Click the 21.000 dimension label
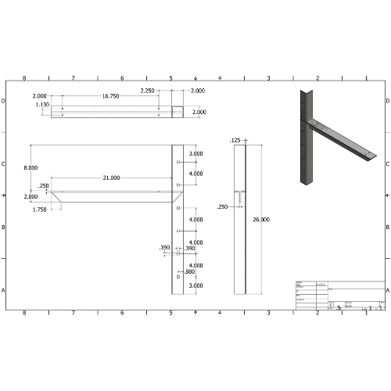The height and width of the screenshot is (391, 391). [111, 178]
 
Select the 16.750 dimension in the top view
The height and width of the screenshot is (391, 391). [110, 95]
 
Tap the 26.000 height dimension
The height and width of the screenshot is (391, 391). [260, 220]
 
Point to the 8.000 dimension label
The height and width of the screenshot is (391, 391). [30, 168]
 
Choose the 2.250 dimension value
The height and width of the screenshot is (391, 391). [147, 91]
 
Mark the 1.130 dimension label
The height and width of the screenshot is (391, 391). [41, 104]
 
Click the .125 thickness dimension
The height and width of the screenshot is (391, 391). [235, 140]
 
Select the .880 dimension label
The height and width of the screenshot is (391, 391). [189, 271]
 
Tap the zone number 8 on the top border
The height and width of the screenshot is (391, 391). [24, 78]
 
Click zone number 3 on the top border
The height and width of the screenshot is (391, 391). [268, 78]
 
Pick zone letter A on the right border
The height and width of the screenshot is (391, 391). [387, 289]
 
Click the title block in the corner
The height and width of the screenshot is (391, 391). [340, 296]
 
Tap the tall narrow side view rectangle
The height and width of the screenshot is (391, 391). [241, 219]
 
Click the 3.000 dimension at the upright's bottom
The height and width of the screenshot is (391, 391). [195, 286]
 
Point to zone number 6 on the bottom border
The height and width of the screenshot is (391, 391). [122, 312]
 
